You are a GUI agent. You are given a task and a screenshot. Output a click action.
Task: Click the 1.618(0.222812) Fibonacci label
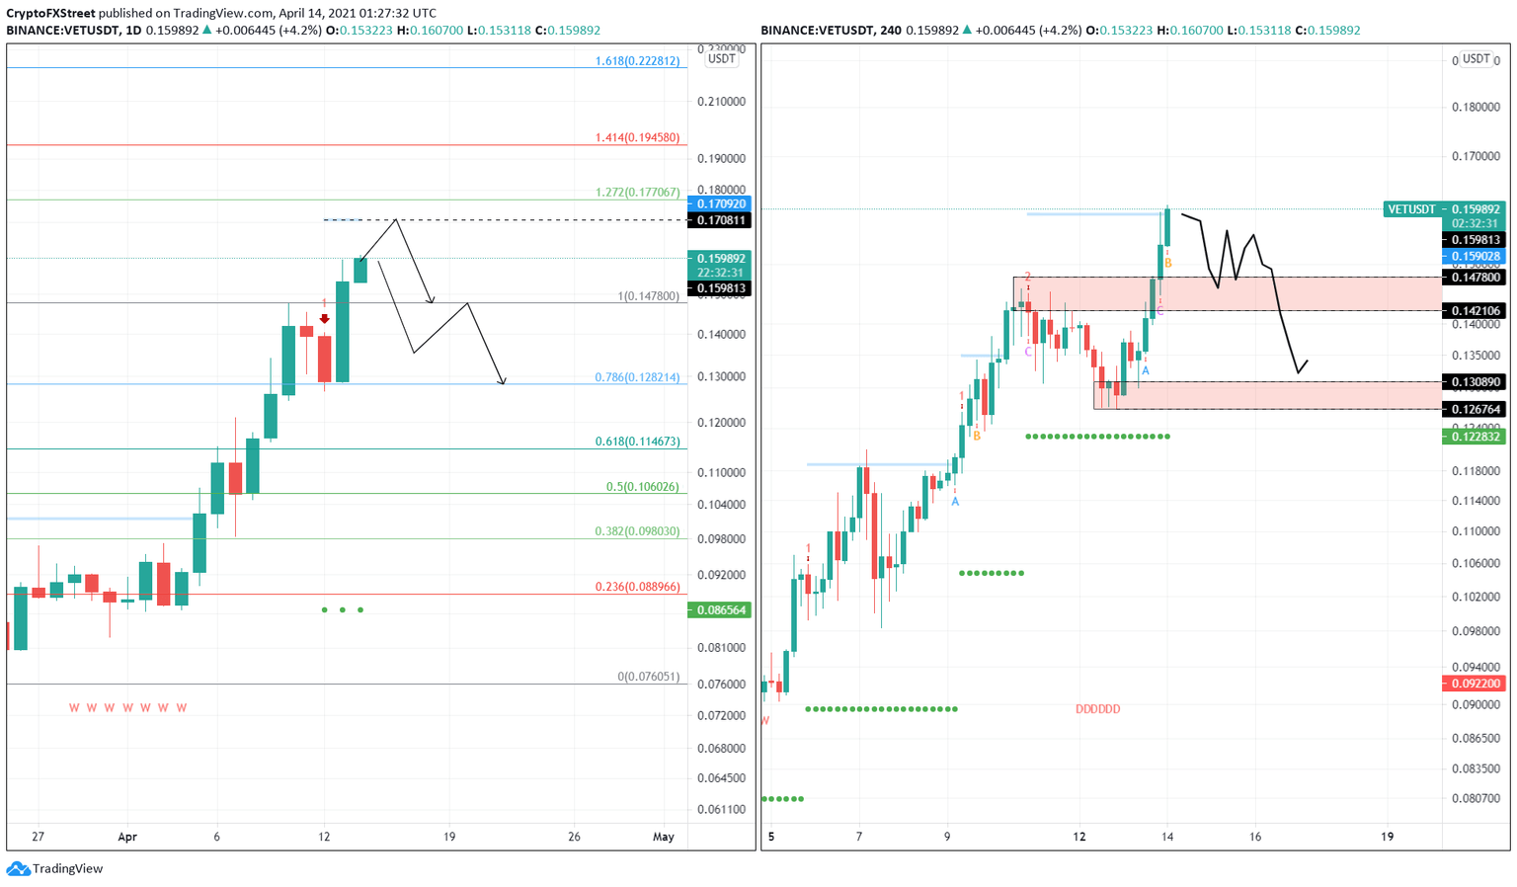point(637,61)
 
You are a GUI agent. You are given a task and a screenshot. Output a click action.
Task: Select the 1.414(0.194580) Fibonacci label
point(637,138)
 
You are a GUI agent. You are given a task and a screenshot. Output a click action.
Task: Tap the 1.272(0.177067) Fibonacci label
point(637,193)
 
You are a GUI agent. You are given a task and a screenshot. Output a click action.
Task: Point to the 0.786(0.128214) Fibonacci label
point(637,377)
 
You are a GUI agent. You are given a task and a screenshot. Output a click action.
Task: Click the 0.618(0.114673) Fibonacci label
point(637,442)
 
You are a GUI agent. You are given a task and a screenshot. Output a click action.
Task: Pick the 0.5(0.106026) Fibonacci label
point(642,487)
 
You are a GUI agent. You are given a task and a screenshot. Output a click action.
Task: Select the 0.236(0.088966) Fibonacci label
point(637,587)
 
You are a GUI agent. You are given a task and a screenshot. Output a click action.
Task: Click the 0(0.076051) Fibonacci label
point(648,677)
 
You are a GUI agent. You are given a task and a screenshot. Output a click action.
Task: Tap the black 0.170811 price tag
point(722,220)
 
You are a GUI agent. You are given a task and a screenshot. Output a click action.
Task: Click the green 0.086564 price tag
point(722,610)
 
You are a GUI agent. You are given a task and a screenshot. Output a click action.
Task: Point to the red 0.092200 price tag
point(1476,684)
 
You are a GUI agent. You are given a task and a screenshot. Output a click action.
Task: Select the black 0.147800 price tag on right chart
point(1476,279)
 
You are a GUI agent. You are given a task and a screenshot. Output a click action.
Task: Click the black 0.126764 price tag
point(1476,409)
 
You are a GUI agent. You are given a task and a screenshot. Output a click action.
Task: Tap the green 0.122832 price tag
point(1476,437)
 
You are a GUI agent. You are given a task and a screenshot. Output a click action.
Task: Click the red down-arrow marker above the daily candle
point(324,318)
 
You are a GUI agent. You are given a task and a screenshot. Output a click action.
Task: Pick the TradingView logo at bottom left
point(55,869)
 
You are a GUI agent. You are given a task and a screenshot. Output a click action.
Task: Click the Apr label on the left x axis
point(127,837)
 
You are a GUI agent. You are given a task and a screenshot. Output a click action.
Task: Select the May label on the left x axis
point(664,837)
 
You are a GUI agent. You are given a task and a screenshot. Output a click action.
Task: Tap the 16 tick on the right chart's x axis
point(1255,837)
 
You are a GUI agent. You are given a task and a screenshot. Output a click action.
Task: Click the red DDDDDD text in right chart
point(1097,709)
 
